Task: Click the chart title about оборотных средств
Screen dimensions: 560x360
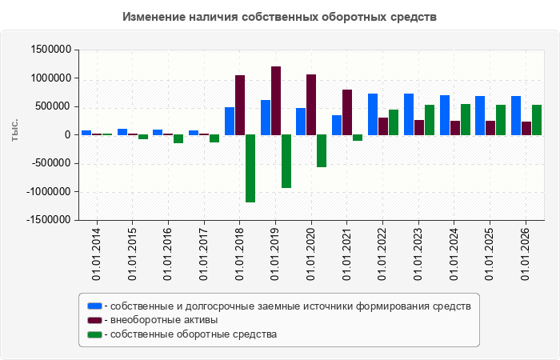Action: (279, 17)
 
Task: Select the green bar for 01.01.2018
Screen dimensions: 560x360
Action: (250, 169)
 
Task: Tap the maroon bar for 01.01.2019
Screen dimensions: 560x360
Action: (276, 101)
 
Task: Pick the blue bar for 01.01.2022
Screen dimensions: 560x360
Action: (373, 114)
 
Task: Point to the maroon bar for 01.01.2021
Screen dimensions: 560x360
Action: (347, 113)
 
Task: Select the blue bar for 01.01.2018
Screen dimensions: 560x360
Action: (230, 121)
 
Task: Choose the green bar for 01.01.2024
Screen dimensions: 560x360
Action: (466, 120)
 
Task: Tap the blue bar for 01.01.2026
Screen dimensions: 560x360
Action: (516, 116)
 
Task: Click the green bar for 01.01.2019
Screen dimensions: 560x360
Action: (286, 162)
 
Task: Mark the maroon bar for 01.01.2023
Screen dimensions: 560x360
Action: (419, 127)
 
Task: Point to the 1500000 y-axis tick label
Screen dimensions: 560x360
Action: (51, 50)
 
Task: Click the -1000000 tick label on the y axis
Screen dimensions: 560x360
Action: (49, 192)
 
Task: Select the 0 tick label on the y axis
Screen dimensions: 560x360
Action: (68, 135)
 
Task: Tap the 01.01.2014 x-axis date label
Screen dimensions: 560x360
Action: (97, 254)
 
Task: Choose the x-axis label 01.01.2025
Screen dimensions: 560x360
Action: (490, 254)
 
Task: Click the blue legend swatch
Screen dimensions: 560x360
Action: (94, 306)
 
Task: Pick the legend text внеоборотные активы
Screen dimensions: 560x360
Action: (164, 320)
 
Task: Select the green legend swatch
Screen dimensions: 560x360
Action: (94, 334)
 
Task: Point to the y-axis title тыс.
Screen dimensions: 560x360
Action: (14, 130)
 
